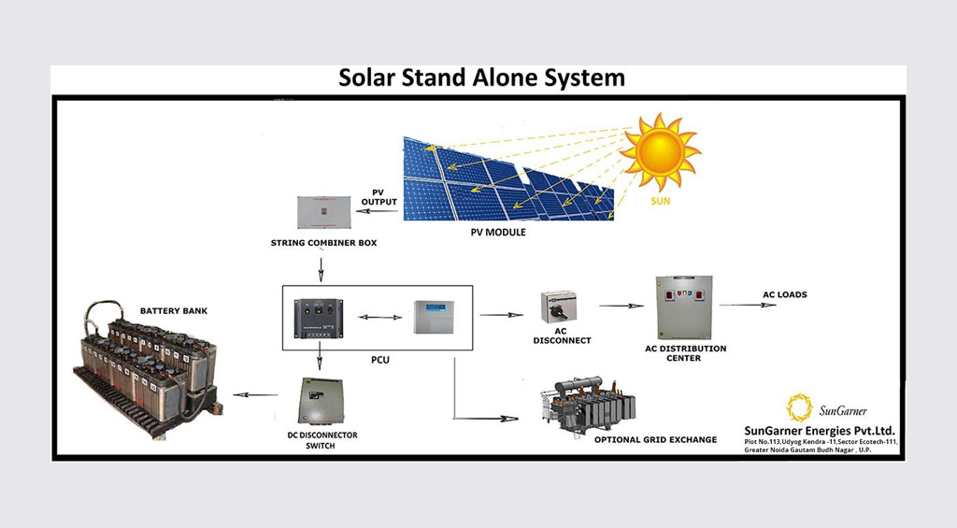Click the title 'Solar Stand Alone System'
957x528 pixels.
click(481, 78)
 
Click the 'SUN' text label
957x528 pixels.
click(661, 201)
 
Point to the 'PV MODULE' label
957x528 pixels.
click(498, 233)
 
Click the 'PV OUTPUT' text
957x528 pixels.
click(379, 197)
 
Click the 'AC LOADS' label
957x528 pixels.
click(784, 295)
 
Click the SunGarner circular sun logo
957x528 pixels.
click(799, 407)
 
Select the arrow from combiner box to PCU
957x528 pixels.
click(321, 268)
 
